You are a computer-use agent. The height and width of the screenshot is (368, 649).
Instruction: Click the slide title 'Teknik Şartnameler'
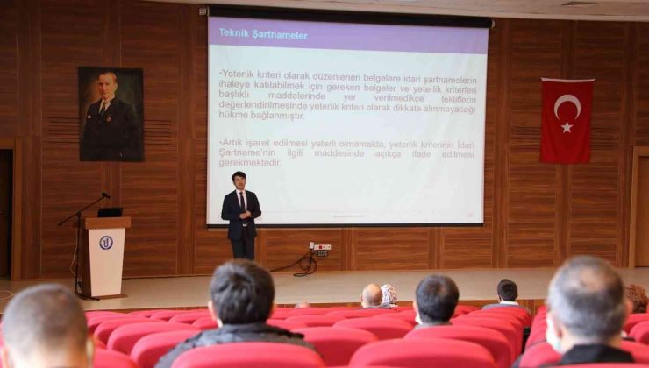pos(251,34)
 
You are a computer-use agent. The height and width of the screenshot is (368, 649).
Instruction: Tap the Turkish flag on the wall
pos(566,120)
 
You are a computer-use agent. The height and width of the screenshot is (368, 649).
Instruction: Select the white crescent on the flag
pos(565,106)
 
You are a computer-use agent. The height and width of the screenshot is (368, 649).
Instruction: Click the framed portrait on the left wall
pos(111,114)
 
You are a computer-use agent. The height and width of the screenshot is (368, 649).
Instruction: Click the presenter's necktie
pos(242,202)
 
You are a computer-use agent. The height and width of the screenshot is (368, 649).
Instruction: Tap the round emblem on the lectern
pos(105,243)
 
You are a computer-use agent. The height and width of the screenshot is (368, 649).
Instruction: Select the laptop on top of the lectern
pos(110,212)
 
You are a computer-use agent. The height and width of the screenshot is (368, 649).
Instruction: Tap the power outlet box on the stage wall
pos(321,247)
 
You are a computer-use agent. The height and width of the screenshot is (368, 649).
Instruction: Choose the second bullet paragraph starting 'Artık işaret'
pos(347,152)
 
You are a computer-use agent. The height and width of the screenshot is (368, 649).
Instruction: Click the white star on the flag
pos(567,127)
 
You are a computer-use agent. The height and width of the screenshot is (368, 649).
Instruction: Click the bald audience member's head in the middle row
pos(372,295)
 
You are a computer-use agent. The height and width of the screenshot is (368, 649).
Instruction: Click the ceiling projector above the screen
pos(204,11)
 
